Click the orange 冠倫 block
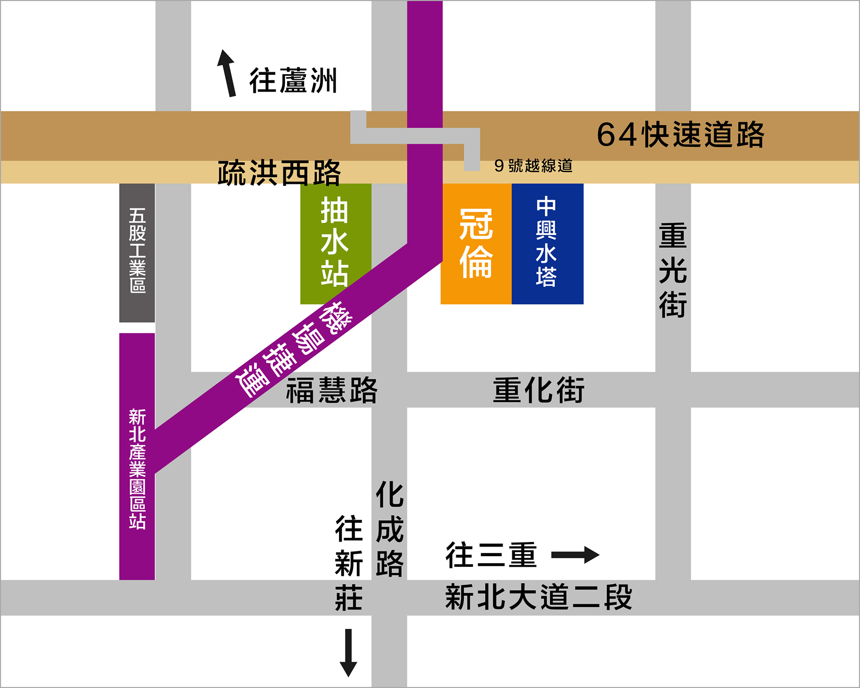point(475,244)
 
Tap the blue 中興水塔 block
point(547,244)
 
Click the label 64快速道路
point(680,135)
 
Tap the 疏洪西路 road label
point(279,173)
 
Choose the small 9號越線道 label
point(533,166)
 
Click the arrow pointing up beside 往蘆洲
point(227,73)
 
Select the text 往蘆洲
point(293,81)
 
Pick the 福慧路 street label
point(331,390)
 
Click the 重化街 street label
point(539,390)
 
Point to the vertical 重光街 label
point(673,271)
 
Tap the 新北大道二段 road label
point(539,597)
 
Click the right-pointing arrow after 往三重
point(575,555)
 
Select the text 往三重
point(491,555)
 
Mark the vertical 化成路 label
point(390,529)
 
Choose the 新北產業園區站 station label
point(137,469)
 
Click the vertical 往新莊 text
point(349,563)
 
